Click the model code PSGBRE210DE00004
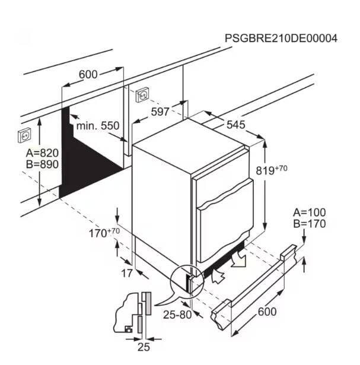[x=281, y=38]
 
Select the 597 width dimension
[x=160, y=112]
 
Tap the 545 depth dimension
[x=236, y=125]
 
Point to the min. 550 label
[x=98, y=126]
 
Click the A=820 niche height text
[x=42, y=153]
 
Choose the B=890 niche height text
[x=42, y=164]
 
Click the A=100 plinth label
[x=310, y=212]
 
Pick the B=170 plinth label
[x=310, y=224]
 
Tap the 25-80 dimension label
[x=177, y=315]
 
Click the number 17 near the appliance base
[x=127, y=273]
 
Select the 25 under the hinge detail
[x=144, y=347]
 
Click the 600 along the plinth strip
[x=267, y=312]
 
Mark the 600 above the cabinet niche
[x=88, y=75]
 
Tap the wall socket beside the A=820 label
[x=24, y=135]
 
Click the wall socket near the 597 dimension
[x=142, y=95]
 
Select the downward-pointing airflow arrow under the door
[x=239, y=258]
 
